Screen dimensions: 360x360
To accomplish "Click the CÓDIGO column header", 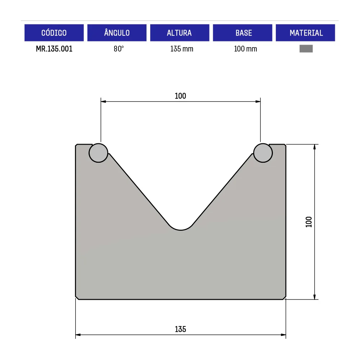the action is click(x=54, y=33).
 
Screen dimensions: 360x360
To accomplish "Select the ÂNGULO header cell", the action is click(x=117, y=33).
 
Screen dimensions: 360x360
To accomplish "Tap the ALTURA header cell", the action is click(x=180, y=33).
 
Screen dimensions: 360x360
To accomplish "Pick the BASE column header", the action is click(x=242, y=33).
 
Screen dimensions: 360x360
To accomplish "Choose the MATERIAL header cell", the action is click(x=305, y=33).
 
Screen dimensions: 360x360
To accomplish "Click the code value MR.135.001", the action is click(x=54, y=49).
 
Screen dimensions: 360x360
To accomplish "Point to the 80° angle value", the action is click(x=119, y=49).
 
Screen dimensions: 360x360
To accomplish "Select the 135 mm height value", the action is click(x=181, y=49).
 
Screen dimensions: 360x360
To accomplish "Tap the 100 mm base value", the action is click(x=246, y=49).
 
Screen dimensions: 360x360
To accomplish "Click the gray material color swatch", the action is click(x=306, y=49).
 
